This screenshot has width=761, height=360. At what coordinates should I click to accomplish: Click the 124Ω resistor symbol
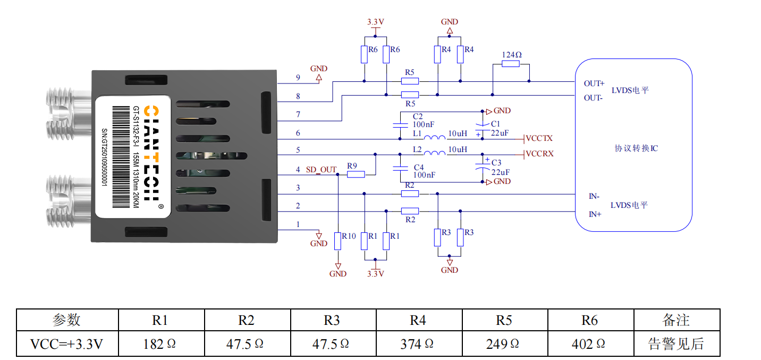(510, 64)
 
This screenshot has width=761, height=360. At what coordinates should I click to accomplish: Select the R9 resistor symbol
(356, 174)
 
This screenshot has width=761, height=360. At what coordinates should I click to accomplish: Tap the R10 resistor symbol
(337, 241)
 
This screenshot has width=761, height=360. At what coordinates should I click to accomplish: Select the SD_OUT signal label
(321, 170)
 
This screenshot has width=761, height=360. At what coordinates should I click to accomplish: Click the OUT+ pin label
(594, 83)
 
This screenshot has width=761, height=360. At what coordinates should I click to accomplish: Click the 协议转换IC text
(636, 148)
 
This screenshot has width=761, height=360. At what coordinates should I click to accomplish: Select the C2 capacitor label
(418, 116)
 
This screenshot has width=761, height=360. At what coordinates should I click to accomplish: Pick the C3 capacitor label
(496, 162)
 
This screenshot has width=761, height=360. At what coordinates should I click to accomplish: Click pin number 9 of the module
(298, 78)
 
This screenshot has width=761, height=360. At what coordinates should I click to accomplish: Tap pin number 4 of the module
(298, 170)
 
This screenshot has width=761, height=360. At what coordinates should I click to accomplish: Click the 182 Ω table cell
(160, 344)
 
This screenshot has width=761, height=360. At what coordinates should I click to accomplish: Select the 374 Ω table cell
(418, 344)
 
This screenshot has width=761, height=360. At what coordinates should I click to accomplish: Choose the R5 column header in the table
(504, 320)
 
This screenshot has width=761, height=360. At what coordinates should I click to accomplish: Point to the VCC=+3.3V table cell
(67, 344)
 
